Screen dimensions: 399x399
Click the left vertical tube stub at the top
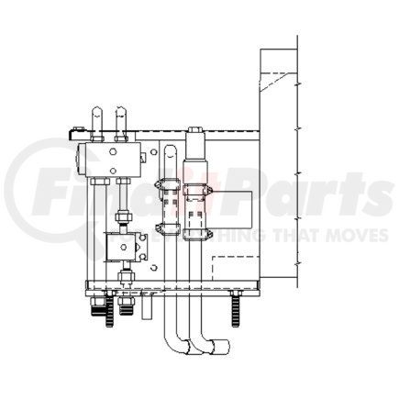(98, 117)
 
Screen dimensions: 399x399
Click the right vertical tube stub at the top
(119, 117)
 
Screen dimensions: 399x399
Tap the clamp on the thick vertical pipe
(195, 193)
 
